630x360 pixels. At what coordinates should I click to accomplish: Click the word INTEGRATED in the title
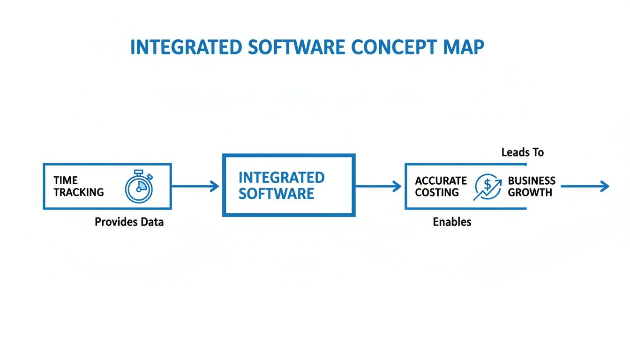click(186, 48)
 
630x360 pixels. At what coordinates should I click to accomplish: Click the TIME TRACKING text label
click(78, 187)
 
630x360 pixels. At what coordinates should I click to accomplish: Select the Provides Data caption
click(129, 222)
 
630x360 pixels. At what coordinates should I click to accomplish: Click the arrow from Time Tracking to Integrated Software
click(195, 187)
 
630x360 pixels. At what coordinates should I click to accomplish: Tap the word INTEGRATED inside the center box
click(281, 178)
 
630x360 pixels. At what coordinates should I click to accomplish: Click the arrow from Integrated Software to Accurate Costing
click(378, 187)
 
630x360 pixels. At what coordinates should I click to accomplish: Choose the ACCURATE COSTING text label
click(441, 187)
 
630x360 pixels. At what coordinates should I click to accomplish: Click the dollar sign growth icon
click(487, 187)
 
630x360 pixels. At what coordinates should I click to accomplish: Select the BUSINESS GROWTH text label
click(532, 187)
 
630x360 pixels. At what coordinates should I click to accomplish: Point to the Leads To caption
click(522, 152)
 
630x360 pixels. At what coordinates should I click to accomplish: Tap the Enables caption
click(452, 222)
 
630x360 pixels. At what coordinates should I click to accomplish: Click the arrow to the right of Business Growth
click(585, 187)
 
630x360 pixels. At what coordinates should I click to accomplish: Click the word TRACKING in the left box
click(78, 192)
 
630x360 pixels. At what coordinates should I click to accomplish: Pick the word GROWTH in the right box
click(530, 193)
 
